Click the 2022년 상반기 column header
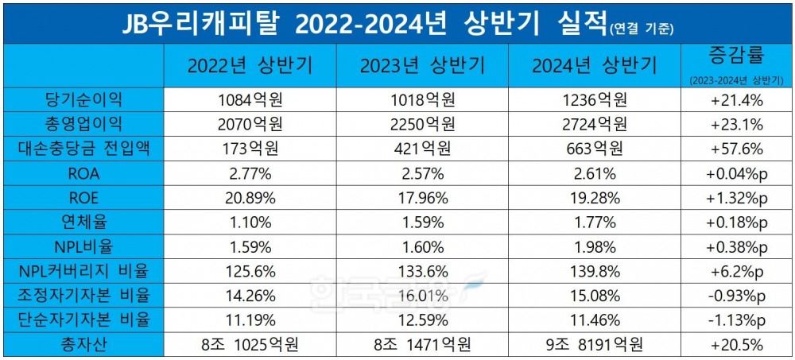click(250, 65)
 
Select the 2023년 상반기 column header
click(422, 65)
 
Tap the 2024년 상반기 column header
click(595, 65)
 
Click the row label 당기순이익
click(85, 100)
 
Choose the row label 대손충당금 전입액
click(85, 149)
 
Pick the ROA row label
click(85, 173)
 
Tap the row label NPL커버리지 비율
click(85, 272)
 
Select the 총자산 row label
click(85, 346)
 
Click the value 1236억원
click(595, 100)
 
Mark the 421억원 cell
click(422, 149)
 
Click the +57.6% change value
click(735, 149)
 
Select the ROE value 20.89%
click(250, 198)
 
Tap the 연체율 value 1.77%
click(595, 223)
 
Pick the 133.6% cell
click(422, 272)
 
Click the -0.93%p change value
click(735, 296)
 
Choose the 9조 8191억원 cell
click(595, 346)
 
